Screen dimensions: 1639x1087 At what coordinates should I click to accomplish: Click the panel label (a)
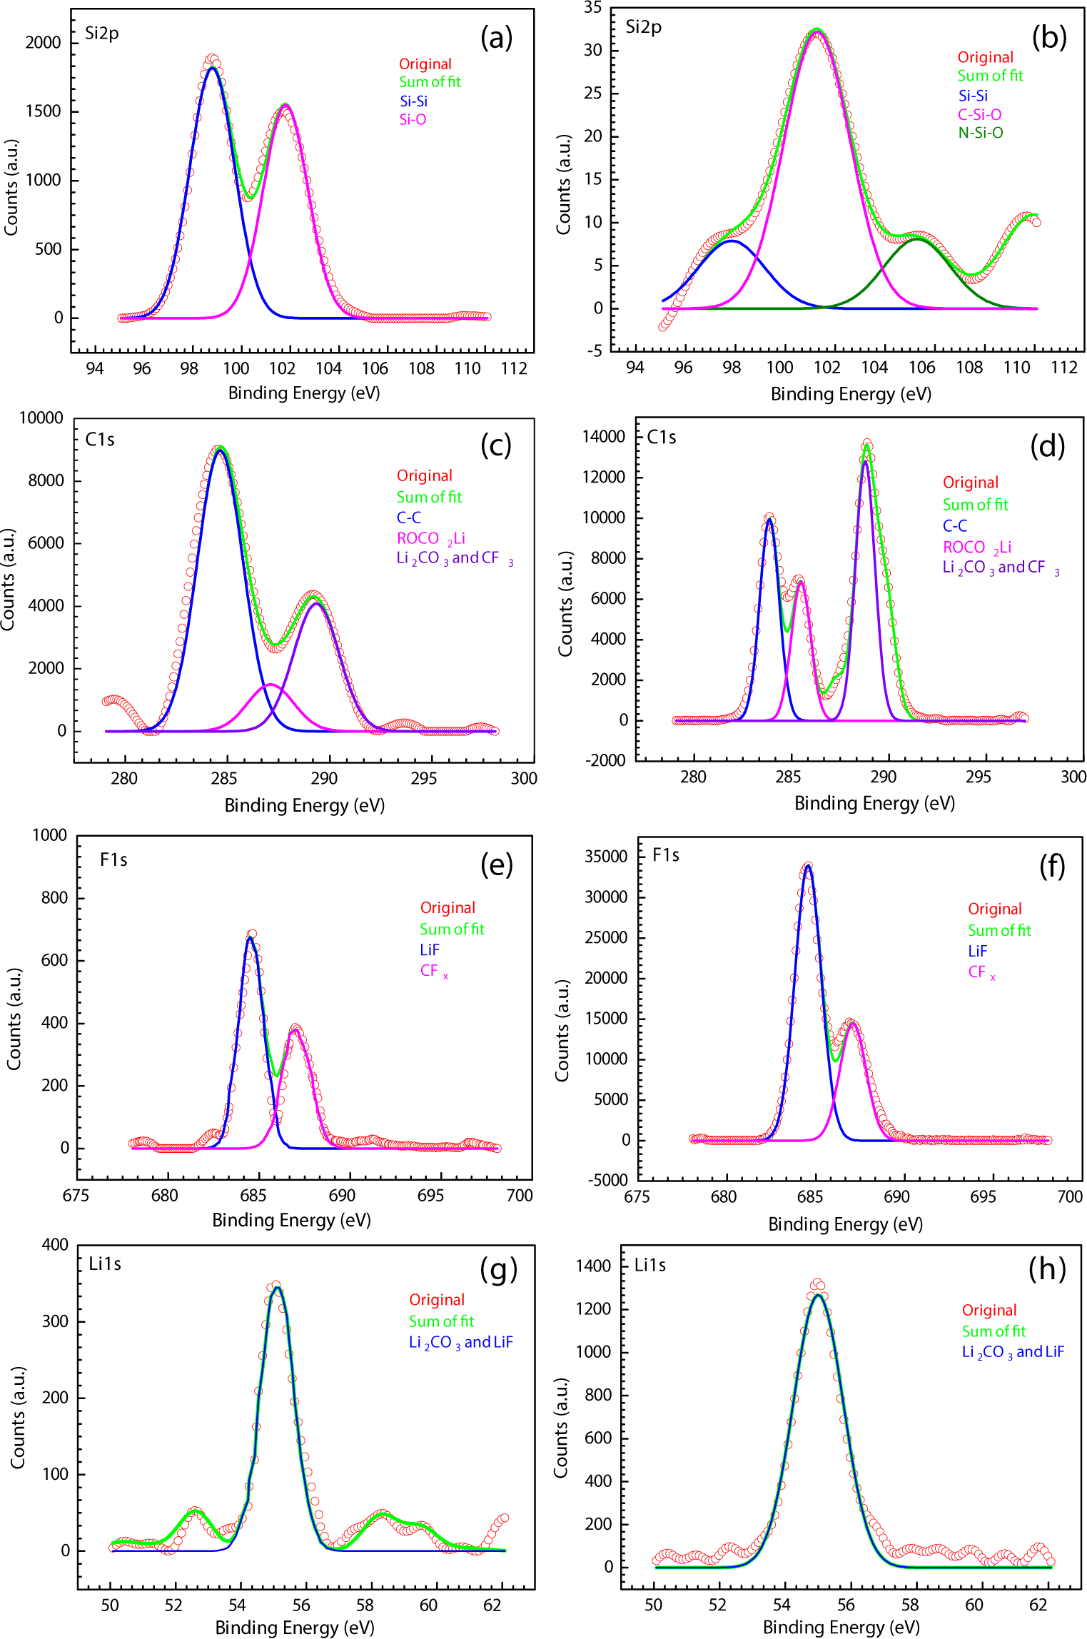(496, 38)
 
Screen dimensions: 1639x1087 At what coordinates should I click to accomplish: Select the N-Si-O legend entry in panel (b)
(980, 133)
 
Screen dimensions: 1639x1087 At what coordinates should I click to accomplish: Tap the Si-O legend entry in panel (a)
(413, 120)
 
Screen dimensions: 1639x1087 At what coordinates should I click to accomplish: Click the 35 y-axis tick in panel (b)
(593, 8)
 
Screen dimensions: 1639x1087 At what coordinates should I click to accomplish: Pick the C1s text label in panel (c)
(100, 440)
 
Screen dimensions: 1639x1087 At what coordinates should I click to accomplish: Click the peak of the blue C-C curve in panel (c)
(221, 450)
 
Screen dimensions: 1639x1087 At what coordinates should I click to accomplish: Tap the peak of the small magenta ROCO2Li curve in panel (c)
(270, 685)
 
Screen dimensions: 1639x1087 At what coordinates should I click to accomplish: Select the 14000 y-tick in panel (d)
(604, 436)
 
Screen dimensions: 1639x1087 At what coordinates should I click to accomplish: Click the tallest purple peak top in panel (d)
(866, 462)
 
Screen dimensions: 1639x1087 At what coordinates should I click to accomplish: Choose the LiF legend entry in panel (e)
(430, 950)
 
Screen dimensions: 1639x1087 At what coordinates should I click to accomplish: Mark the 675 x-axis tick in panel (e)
(76, 1196)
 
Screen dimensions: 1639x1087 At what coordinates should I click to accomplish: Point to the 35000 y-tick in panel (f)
(606, 857)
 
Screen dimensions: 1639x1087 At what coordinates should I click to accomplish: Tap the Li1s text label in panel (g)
(105, 1264)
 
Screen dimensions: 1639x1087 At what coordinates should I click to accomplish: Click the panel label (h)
(1047, 1269)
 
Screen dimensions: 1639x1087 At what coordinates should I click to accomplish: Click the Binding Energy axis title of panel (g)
(295, 1628)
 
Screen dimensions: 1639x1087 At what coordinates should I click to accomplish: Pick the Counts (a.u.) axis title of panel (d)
(565, 604)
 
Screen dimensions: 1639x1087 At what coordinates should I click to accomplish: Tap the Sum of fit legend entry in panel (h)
(994, 1331)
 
